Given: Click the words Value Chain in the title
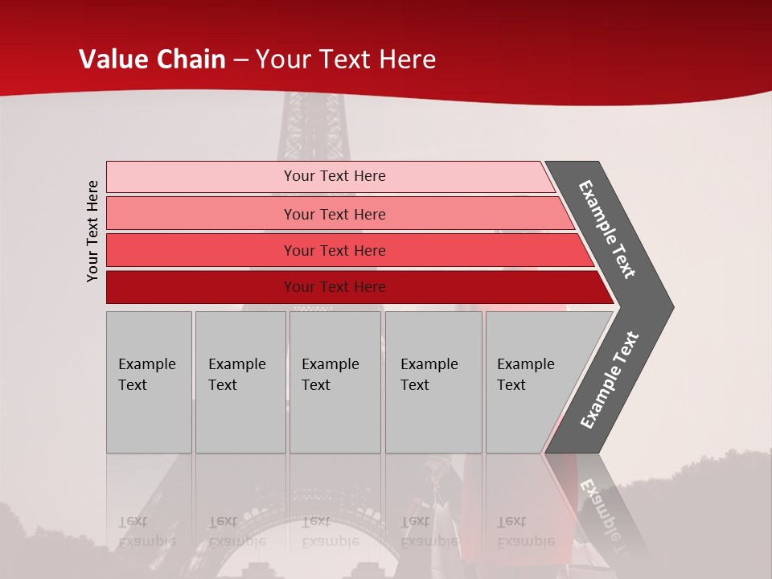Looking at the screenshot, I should click(x=152, y=60).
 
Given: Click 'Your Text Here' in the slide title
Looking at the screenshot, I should click(x=346, y=60).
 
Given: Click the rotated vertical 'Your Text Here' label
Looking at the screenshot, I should click(x=92, y=231).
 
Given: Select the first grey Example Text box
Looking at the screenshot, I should click(x=149, y=382).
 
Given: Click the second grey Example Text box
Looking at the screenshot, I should click(x=240, y=382).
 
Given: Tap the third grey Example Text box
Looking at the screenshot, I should click(x=335, y=382).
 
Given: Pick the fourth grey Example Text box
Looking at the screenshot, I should click(x=433, y=382).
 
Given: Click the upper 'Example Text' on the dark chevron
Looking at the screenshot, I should click(x=607, y=229).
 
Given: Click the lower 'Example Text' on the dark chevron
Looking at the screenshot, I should click(x=610, y=380).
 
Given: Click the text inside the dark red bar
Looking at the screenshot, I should click(x=335, y=287).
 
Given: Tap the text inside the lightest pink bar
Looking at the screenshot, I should click(x=335, y=176).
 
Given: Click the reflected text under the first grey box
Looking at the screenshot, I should click(x=146, y=532).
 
